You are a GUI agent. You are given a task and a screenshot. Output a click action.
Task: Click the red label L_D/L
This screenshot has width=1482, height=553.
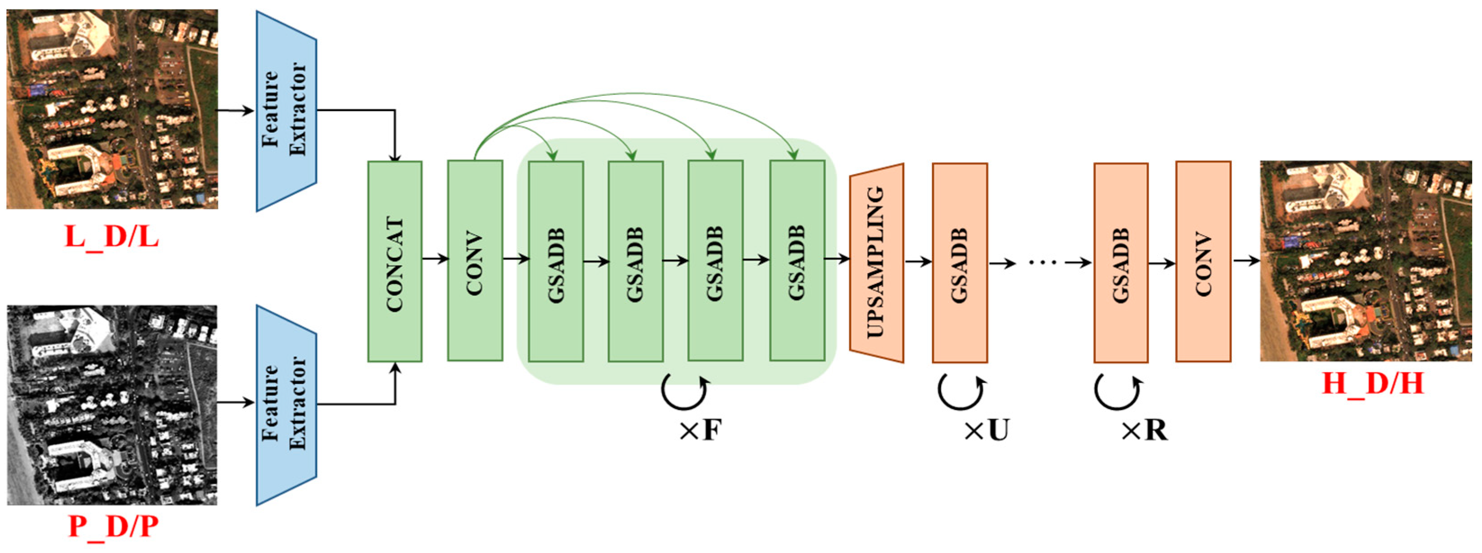(x=112, y=237)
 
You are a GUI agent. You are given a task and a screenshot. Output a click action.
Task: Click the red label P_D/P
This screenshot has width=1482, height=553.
(x=113, y=526)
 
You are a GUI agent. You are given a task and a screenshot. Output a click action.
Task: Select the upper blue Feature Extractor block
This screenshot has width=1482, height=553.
(x=286, y=111)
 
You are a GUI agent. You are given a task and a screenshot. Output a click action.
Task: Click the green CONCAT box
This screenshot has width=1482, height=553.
(x=395, y=262)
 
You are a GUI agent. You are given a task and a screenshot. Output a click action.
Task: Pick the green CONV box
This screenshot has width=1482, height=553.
(x=475, y=261)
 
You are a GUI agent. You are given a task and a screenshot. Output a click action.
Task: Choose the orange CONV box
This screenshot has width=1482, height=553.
(x=1203, y=262)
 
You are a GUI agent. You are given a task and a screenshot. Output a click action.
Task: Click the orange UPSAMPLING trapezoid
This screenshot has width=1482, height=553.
(x=876, y=263)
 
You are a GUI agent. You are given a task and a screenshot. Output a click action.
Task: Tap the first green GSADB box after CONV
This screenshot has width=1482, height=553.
(x=556, y=262)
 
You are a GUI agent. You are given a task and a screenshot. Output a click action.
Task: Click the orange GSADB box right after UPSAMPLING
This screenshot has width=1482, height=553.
(x=959, y=263)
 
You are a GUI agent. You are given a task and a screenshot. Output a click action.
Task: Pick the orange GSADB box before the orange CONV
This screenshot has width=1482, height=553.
(x=1121, y=263)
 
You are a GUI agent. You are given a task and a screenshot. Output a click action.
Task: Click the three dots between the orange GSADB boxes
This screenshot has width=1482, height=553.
(x=1042, y=263)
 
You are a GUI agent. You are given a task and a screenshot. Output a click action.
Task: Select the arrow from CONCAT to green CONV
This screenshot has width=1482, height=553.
(x=435, y=259)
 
